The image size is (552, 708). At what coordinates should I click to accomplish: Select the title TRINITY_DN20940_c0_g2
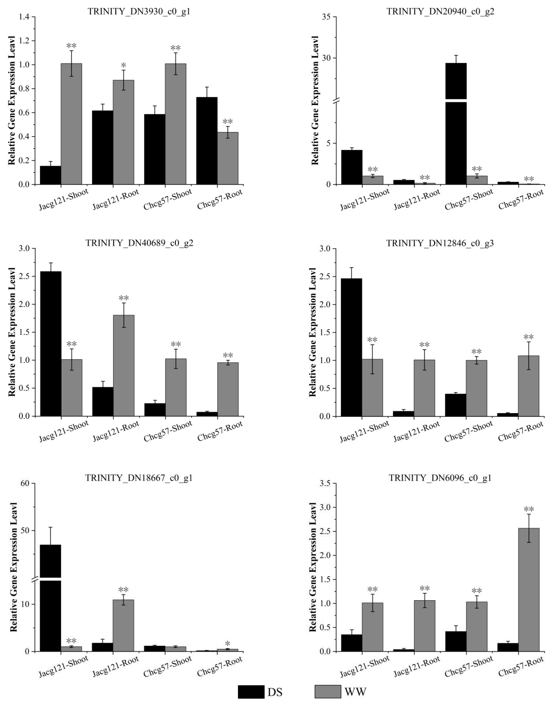coord(440,12)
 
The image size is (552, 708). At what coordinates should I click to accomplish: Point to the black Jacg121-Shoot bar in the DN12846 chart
coord(351,347)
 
